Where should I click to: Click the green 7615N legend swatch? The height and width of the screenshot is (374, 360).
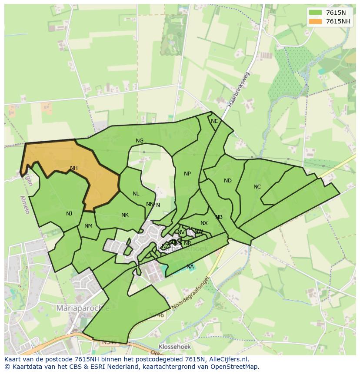(315, 13)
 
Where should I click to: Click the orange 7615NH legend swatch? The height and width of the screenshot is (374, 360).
(315, 21)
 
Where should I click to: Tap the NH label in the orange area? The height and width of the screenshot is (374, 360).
(74, 168)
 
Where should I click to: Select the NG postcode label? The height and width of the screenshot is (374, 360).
(140, 141)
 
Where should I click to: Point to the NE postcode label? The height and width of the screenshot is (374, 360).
(214, 121)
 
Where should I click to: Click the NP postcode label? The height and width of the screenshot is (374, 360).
(187, 174)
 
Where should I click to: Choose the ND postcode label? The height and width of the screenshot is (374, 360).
(228, 181)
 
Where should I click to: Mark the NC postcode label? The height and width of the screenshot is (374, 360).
(257, 187)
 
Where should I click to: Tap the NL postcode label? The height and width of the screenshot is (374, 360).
(136, 194)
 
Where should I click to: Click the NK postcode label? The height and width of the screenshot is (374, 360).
(125, 215)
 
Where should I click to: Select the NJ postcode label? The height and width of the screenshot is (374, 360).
(69, 213)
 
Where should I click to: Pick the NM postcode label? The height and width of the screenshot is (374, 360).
(88, 226)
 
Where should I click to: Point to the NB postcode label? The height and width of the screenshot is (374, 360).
(219, 217)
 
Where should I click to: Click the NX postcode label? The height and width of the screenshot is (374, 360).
(204, 223)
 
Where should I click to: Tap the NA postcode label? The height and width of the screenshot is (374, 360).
(190, 266)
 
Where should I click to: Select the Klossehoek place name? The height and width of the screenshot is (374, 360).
(174, 347)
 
